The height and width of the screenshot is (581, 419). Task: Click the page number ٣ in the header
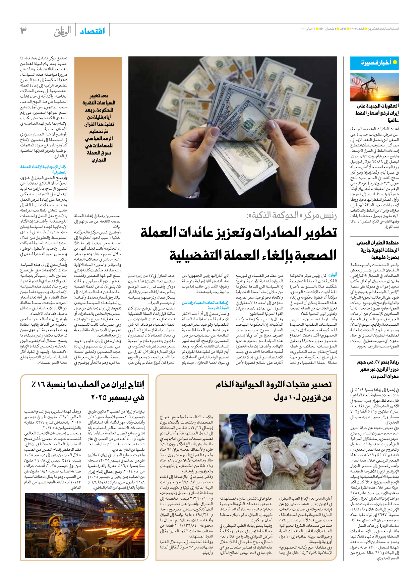tap(24, 30)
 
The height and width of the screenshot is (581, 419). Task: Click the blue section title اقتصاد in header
tap(92, 31)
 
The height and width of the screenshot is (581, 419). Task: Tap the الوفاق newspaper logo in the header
tap(63, 31)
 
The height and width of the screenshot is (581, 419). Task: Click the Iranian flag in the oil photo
tap(358, 81)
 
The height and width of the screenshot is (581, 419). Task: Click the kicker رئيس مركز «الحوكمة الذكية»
tap(292, 215)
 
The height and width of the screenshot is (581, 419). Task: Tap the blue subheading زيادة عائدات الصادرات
tap(205, 305)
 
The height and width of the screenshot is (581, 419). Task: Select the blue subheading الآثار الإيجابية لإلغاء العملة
tap(44, 169)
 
